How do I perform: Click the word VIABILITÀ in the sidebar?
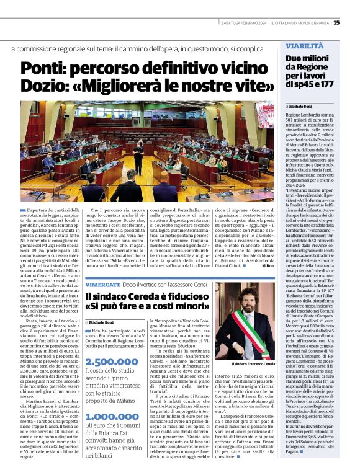[x=304, y=47]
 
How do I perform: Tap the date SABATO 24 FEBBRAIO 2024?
[x=244, y=23]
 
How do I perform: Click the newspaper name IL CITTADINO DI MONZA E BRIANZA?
[x=300, y=23]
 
